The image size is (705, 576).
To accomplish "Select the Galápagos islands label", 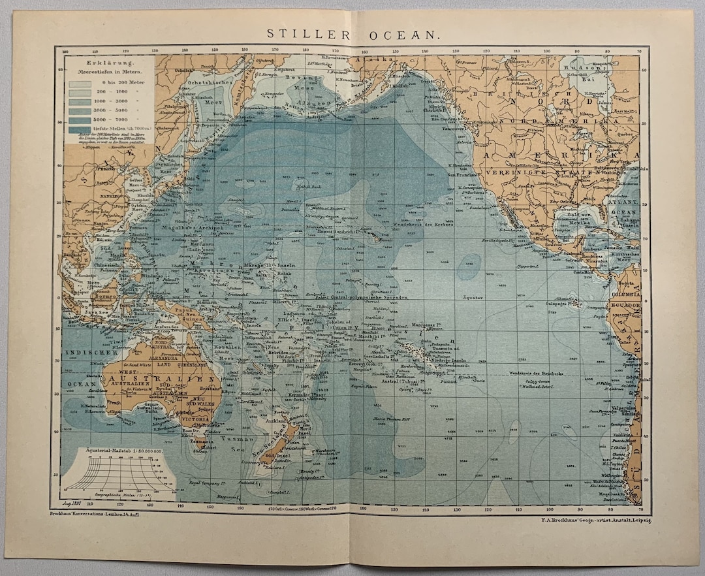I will point(567,304).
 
